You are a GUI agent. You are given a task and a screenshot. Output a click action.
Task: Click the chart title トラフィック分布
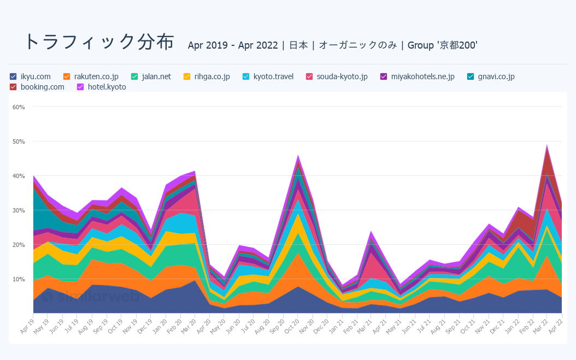point(99,42)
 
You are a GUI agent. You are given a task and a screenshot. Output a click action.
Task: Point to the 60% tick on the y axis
point(19,107)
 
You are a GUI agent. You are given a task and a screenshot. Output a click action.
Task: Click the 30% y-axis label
point(19,210)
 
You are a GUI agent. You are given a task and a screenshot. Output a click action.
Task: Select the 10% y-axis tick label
point(19,279)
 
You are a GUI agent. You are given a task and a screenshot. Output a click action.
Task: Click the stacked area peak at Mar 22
point(547,146)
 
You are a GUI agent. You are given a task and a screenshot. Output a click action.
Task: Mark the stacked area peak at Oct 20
point(298,156)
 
